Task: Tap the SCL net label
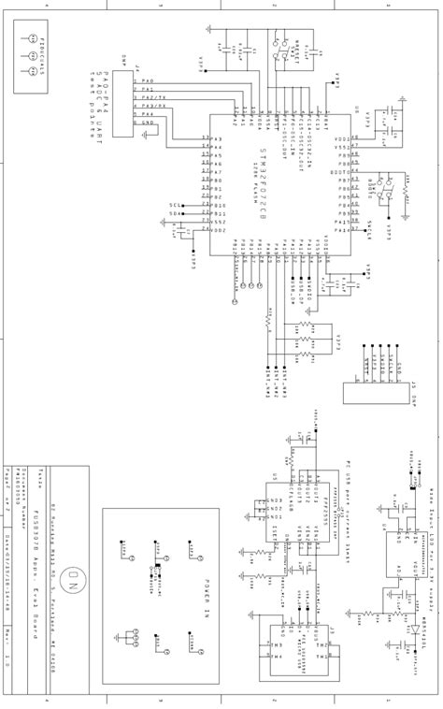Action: tap(175, 205)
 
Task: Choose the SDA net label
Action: tap(175, 213)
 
